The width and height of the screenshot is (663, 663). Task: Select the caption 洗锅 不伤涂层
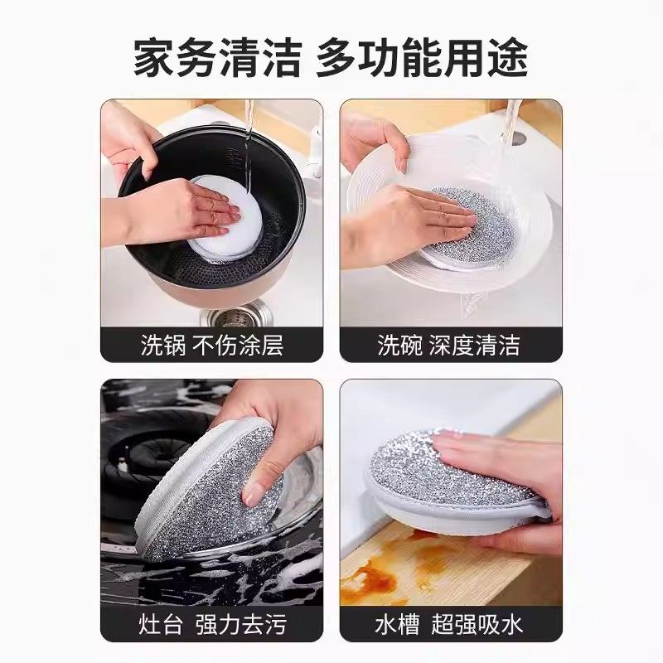click(x=211, y=345)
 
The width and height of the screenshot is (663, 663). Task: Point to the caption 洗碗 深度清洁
click(x=449, y=345)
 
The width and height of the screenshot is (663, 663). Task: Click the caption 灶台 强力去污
click(x=211, y=623)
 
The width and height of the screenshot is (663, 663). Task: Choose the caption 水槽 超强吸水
click(x=449, y=623)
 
